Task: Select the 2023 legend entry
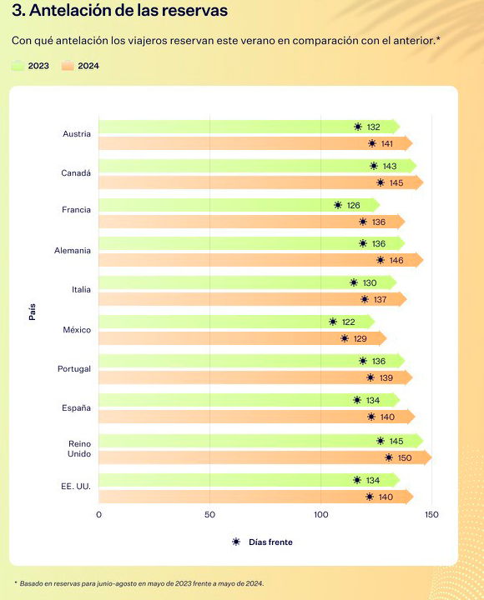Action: click(30, 66)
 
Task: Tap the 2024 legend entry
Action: click(80, 66)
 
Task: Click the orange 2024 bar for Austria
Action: click(255, 143)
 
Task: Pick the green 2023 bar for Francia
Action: click(239, 205)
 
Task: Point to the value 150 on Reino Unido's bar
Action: click(405, 457)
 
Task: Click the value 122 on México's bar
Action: click(348, 322)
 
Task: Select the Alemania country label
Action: click(73, 250)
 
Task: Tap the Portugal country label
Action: click(74, 369)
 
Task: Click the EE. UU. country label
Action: click(76, 487)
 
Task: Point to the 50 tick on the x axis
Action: click(209, 515)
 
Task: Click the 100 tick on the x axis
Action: click(320, 515)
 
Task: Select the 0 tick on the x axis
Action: click(98, 515)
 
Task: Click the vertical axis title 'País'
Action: click(33, 312)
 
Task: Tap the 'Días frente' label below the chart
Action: click(270, 542)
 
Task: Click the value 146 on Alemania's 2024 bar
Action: click(396, 261)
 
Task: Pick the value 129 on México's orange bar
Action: click(360, 338)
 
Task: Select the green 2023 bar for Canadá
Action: click(258, 166)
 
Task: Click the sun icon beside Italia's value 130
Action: click(354, 282)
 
